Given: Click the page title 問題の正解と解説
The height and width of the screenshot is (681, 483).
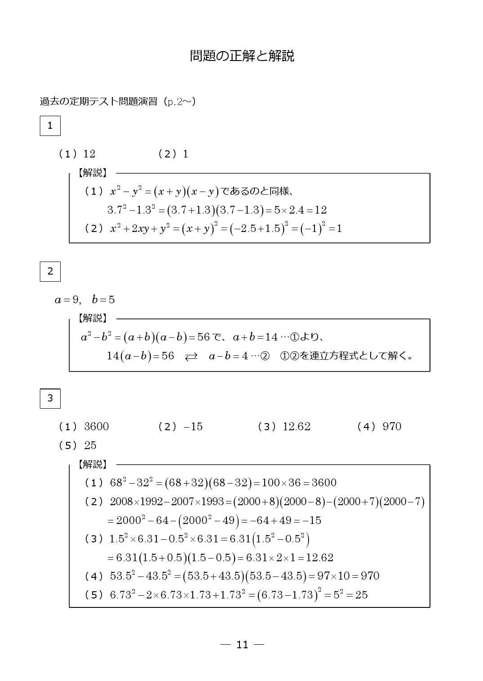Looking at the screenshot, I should pos(242,56).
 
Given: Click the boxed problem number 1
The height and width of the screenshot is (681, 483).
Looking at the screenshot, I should pos(50,126).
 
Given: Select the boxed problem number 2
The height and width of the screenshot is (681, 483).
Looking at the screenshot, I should pos(50,271).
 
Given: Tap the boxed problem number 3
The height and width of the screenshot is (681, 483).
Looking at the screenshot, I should pos(50,398).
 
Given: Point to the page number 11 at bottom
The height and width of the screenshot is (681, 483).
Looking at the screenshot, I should pos(242,645).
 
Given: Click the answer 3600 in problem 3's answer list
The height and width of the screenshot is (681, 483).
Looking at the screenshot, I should pos(96,427).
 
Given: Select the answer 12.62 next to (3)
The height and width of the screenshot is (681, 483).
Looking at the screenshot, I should pos(297,427).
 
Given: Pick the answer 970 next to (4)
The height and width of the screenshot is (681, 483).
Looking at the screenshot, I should pos(392,427).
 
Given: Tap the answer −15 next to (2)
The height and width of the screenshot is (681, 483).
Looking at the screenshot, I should pos(193,427).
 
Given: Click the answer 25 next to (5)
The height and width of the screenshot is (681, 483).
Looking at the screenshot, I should pos(90,445).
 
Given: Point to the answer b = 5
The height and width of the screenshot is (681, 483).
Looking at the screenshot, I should pos(103,300).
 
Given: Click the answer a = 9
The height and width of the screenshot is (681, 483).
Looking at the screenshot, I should pos(67,300).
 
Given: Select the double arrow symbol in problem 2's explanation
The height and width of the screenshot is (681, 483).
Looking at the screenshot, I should pos(191,356).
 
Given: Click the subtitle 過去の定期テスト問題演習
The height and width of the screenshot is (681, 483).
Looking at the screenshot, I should pos(98,101).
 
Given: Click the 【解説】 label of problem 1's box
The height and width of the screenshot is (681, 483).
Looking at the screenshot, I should pos(93,173).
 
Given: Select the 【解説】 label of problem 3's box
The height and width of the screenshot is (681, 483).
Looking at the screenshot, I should pos(93,464).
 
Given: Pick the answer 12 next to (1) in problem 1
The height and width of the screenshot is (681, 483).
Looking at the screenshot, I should pos(89,154).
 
